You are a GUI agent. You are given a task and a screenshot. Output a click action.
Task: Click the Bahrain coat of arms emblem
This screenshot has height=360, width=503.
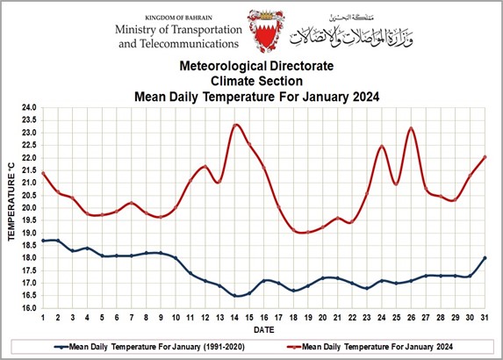click(x=266, y=31)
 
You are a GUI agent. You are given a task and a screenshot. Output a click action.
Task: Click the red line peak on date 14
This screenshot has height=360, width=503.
click(x=236, y=125)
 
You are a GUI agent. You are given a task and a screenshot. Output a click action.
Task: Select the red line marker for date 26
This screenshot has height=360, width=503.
click(x=411, y=129)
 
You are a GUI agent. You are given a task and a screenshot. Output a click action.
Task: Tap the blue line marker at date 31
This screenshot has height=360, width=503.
click(x=485, y=258)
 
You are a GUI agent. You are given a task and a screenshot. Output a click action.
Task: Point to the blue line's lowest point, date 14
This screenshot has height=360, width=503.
click(x=234, y=296)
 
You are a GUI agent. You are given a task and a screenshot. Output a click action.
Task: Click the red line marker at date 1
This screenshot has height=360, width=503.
click(x=43, y=173)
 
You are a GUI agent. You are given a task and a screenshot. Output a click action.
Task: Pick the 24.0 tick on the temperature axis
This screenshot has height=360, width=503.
click(x=29, y=107)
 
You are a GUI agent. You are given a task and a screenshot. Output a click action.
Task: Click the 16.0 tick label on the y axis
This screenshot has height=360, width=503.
click(x=29, y=308)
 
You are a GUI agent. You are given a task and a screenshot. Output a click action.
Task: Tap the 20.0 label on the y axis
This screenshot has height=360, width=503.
click(x=29, y=208)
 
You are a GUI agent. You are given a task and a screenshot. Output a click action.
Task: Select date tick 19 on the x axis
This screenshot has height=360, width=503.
click(x=308, y=318)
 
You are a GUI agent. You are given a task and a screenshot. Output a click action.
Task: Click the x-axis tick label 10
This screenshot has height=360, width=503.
click(x=176, y=318)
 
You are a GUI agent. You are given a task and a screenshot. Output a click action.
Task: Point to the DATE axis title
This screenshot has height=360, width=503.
click(x=264, y=330)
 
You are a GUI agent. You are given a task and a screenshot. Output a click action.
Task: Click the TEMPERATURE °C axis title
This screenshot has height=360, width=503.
click(x=11, y=201)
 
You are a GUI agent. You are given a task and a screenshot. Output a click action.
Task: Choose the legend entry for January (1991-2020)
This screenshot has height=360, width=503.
click(x=149, y=347)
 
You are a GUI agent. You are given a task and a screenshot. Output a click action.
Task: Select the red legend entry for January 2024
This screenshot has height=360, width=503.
click(x=370, y=347)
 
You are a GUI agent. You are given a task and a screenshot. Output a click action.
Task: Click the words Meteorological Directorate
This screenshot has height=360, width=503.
click(x=256, y=66)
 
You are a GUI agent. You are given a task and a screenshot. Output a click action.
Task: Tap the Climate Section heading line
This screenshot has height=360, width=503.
click(x=256, y=81)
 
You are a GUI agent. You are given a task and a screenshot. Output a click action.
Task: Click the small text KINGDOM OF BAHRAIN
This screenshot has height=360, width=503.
click(x=179, y=18)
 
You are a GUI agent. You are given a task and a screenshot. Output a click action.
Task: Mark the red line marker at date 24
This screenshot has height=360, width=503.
click(x=382, y=147)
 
